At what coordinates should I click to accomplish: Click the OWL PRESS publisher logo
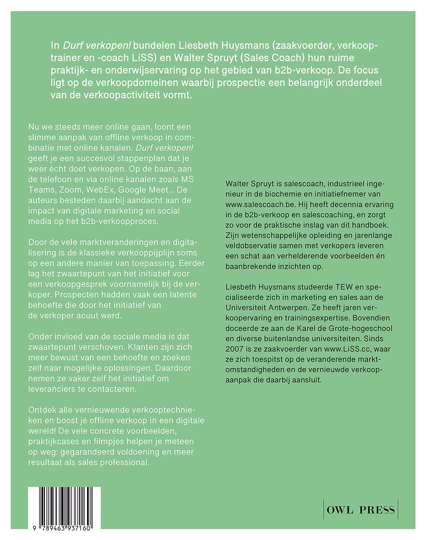(x=360, y=511)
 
